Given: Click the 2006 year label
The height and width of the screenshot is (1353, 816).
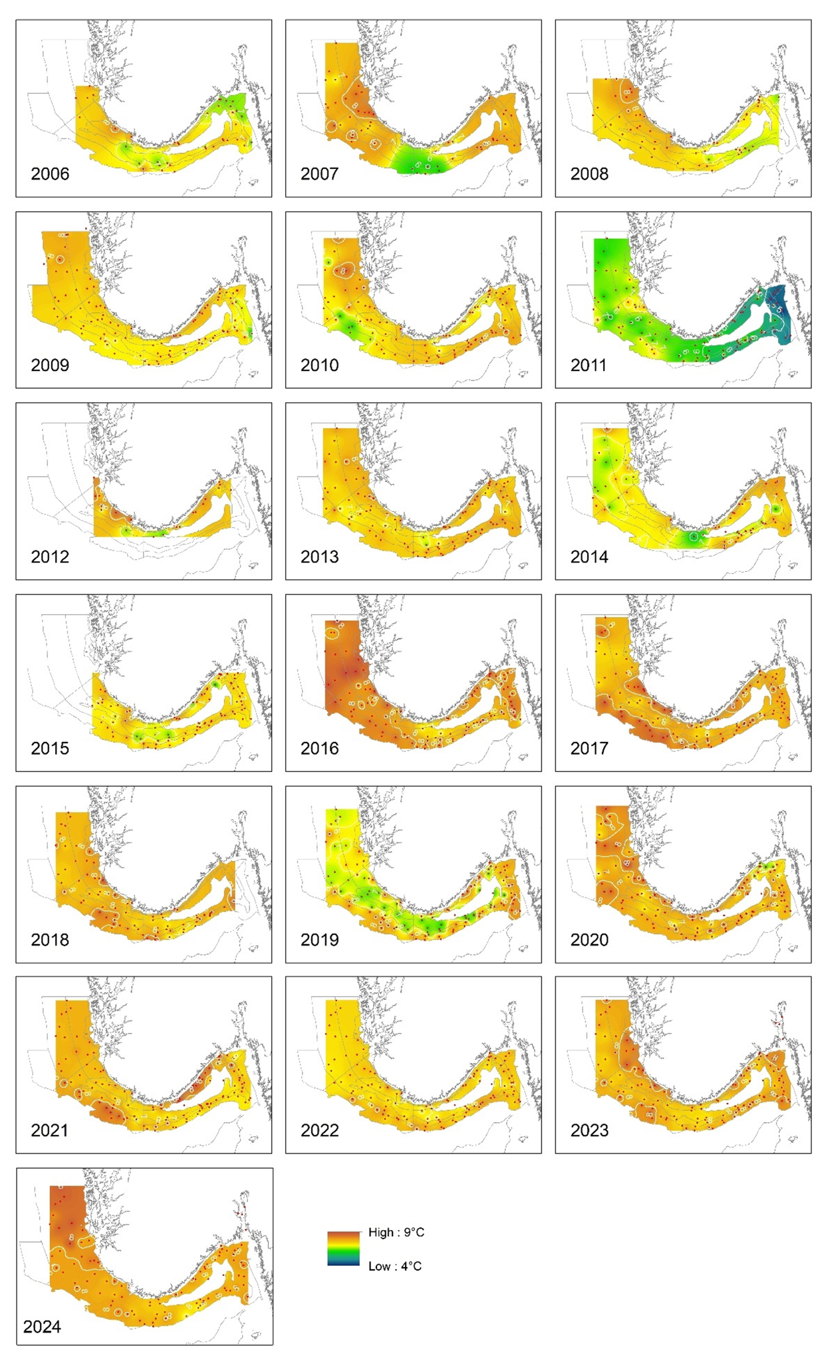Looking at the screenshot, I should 50,174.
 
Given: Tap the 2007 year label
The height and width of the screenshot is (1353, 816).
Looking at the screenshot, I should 319,174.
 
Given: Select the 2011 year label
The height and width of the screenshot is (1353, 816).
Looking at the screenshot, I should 589,365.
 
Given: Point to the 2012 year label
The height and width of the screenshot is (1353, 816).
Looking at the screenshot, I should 50,556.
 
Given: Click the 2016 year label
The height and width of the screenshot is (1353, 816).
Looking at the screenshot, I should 319,749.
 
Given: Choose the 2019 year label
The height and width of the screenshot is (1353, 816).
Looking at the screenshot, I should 319,939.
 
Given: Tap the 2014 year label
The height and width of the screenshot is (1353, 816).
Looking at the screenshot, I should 589,556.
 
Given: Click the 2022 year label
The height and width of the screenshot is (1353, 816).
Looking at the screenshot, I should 319,1130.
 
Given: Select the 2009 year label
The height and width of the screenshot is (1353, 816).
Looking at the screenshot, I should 50,365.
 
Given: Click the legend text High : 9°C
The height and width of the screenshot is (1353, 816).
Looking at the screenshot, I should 396,1232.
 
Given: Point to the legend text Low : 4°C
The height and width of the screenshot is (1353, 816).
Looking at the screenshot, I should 394,1266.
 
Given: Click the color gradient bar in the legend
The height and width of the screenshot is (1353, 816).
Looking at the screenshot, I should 343,1249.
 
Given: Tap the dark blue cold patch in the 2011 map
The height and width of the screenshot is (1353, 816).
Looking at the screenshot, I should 777,312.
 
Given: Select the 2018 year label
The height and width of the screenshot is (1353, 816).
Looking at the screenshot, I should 50,939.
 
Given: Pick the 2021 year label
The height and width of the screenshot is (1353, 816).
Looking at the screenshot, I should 50,1130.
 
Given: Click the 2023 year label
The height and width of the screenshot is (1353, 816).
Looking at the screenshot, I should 589,1130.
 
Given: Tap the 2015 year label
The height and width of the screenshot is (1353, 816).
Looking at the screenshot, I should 50,749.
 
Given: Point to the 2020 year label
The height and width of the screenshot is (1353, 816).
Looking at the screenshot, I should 589,939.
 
